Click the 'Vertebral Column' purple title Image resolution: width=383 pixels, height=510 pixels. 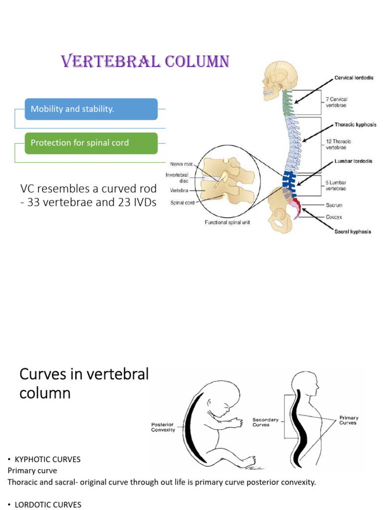(145, 61)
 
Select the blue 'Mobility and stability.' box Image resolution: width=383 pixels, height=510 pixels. (91, 109)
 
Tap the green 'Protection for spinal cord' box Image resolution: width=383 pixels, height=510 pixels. (91, 143)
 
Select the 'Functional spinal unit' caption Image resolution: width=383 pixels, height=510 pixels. (227, 223)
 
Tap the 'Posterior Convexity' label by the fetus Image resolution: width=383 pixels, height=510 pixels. (163, 427)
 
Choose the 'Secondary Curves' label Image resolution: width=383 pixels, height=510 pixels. (266, 422)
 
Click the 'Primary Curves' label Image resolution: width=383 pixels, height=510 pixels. (349, 420)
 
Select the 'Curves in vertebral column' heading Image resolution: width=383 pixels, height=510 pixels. (84, 383)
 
